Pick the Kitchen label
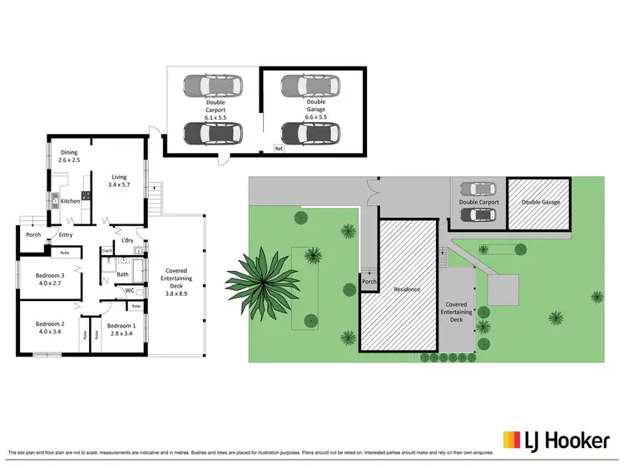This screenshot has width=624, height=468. click(70, 200)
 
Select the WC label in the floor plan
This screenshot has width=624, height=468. click(131, 291)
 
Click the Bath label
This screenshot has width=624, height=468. click(122, 273)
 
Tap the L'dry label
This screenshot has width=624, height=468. click(127, 241)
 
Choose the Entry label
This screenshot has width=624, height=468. click(65, 234)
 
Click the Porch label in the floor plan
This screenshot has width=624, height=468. click(33, 234)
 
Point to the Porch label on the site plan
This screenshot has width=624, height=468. click(369, 283)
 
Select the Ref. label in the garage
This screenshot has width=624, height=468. click(280, 149)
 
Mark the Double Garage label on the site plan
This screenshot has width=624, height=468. click(540, 202)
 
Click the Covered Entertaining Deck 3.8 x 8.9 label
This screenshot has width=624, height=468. click(177, 282)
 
